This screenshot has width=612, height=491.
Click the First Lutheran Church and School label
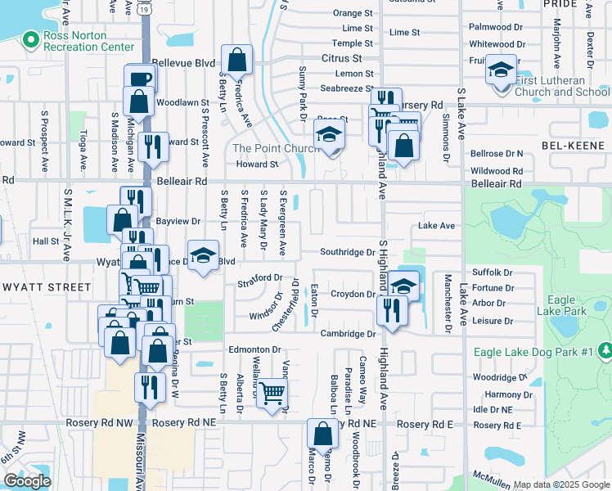pos(563,86)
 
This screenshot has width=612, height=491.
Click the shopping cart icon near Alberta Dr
pos(272,393)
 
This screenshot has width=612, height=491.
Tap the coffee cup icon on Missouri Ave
pos(139,79)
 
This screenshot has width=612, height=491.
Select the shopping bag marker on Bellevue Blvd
pos(236,60)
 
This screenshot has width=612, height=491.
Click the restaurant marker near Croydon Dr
pos(392,310)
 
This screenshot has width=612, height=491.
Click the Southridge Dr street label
pos(347,252)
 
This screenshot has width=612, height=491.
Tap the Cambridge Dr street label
pos(347,333)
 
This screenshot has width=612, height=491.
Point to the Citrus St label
pos(341,58)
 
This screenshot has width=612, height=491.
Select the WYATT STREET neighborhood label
pos(47,287)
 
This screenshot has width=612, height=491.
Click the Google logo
pos(26,481)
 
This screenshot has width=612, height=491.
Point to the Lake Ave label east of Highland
pos(436,225)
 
